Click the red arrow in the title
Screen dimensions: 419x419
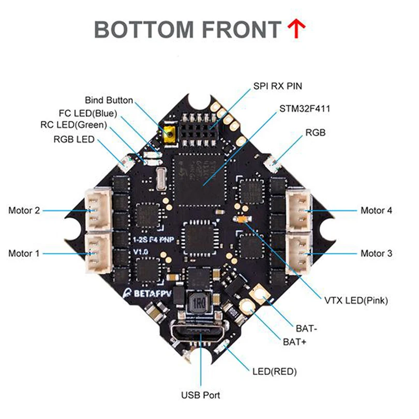tap(296, 30)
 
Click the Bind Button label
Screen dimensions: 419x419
tap(109, 100)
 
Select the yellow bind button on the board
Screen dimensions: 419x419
tap(169, 135)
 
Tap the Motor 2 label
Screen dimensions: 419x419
tap(24, 211)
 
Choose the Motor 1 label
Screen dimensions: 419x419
tap(24, 253)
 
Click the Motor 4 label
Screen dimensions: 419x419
tap(376, 211)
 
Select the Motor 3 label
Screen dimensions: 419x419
tap(376, 253)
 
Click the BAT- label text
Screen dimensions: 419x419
tap(307, 328)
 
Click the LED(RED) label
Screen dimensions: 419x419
tap(274, 371)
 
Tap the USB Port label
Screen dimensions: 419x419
tap(200, 396)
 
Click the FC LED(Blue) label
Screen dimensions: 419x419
tap(88, 113)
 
